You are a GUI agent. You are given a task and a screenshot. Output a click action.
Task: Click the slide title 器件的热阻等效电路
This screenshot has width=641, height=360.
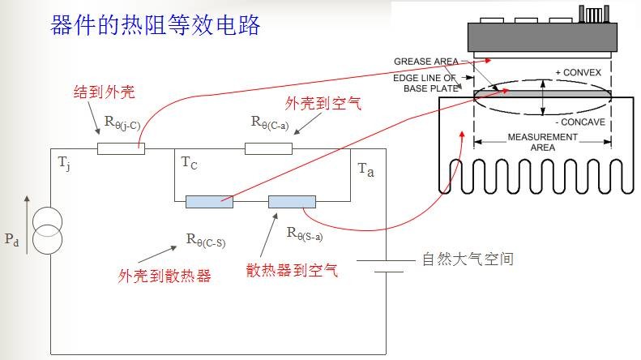156,24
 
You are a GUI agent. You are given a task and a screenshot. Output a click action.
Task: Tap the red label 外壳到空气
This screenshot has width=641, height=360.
322,103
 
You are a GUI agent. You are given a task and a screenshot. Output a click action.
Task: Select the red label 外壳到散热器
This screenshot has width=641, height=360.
165,276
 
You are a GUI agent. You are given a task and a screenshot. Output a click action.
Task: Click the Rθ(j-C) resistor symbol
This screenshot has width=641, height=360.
121,148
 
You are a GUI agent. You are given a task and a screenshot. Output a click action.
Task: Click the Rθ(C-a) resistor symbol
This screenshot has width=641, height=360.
268,148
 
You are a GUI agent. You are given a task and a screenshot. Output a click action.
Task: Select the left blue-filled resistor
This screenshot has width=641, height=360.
209,201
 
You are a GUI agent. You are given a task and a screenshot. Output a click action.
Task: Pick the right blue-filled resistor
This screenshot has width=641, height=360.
292,201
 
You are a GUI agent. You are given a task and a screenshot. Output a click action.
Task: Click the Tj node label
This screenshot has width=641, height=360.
63,163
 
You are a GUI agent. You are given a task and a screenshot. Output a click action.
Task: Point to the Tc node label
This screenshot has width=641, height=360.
188,164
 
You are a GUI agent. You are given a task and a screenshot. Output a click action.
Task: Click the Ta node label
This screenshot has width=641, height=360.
365,170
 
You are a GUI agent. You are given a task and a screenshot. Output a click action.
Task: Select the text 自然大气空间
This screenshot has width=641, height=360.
468,259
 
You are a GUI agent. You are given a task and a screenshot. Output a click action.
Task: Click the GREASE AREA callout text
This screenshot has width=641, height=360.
425,62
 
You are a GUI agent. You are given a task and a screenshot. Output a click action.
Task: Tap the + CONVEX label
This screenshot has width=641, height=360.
578,73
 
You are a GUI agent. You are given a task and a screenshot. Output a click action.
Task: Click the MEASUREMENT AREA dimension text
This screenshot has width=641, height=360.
542,142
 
